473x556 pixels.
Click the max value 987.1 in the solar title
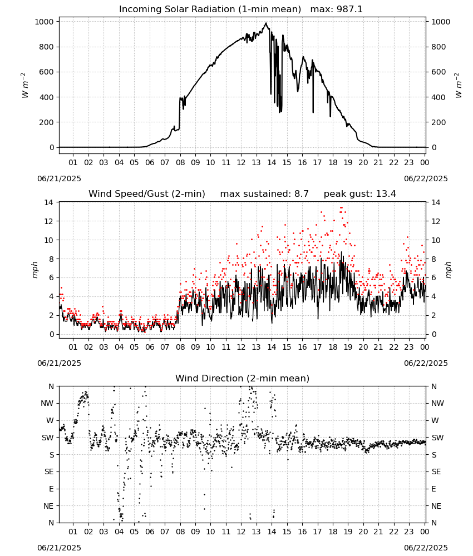349,9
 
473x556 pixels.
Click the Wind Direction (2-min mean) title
243,378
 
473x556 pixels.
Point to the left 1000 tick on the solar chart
45,22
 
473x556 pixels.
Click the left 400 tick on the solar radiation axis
47,97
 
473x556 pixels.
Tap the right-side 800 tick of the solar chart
438,47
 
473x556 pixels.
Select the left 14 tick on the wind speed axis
48,202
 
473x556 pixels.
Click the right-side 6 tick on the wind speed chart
433,277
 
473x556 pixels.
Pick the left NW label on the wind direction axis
47,404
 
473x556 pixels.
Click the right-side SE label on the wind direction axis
436,472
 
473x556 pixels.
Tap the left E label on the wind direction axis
51,489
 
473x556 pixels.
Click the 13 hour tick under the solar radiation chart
256,162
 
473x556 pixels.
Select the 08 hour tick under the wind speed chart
180,347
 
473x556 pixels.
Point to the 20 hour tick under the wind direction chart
363,532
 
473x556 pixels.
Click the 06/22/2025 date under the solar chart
426,178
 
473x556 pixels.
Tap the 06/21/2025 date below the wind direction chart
59,548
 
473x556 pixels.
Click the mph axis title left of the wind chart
35,270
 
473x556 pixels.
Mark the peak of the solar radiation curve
266,23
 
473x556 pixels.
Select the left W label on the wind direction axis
50,420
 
